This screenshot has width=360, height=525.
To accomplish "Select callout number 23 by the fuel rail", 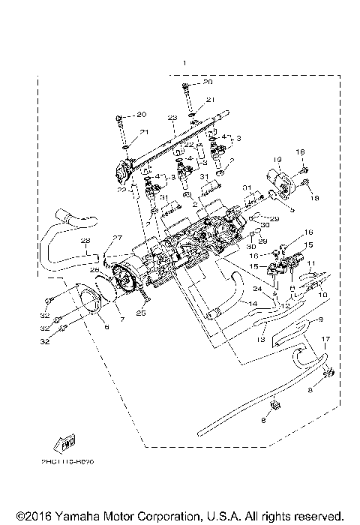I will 172,118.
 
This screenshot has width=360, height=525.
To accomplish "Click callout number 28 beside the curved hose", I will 85,241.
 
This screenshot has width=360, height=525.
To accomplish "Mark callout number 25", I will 139,313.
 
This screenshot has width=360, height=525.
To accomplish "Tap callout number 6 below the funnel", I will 106,328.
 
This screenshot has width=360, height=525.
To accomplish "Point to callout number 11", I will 311,262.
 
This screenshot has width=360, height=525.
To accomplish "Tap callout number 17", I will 325,340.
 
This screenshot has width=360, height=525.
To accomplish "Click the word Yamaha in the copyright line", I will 76,516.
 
